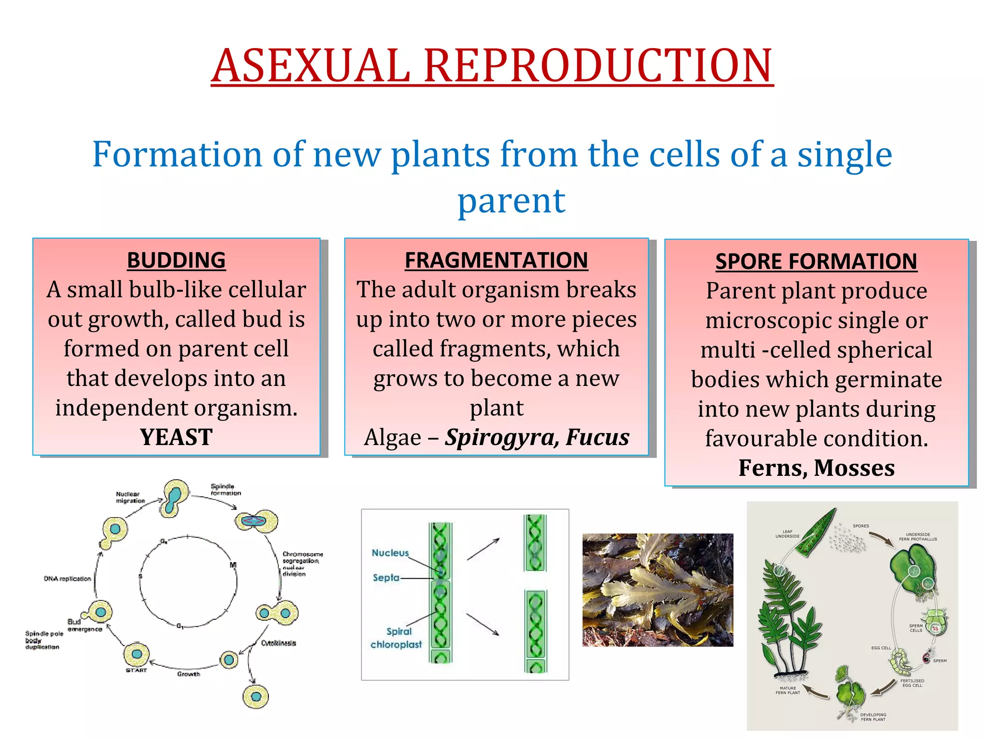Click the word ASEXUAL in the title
[x=311, y=66]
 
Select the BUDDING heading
[x=176, y=260]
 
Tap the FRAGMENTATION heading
[x=496, y=260]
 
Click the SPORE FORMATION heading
[x=816, y=262]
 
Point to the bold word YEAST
[x=176, y=437]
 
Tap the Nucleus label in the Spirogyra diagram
[x=390, y=553]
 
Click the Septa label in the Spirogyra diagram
[x=386, y=577]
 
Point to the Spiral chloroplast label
[x=397, y=638]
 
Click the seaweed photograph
[x=657, y=589]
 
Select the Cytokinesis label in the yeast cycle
[x=278, y=643]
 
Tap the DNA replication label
[x=67, y=579]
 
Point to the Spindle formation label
[x=225, y=489]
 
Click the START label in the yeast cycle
[x=136, y=670]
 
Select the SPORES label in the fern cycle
[x=860, y=526]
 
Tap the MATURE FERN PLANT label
[x=787, y=690]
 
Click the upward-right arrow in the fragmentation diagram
[x=483, y=549]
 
